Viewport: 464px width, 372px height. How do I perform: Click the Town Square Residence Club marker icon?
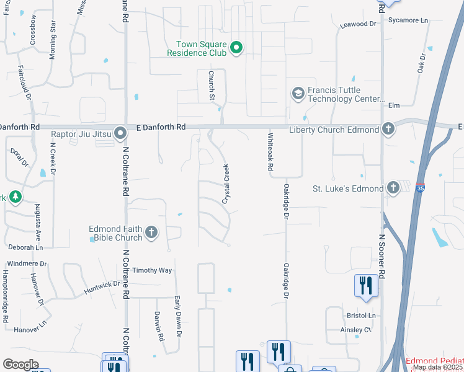coord(236,47)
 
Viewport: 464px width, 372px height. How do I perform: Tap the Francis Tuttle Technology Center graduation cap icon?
coord(298,94)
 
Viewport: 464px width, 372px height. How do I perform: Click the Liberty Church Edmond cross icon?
coord(388,130)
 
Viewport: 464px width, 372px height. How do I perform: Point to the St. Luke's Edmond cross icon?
coord(393,187)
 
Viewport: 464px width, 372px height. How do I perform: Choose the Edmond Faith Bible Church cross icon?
coord(151,233)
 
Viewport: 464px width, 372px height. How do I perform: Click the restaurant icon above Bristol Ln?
coord(366,285)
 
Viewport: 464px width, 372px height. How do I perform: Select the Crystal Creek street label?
coord(226,184)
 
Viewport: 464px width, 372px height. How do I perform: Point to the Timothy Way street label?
coord(152,270)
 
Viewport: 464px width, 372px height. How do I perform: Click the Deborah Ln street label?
coord(25,247)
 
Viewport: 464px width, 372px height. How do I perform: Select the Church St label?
coord(211,85)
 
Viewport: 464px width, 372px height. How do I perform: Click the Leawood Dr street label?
coord(359,24)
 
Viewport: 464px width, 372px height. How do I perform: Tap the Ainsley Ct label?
coord(355,330)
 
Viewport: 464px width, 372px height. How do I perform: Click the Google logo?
coord(21,365)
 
